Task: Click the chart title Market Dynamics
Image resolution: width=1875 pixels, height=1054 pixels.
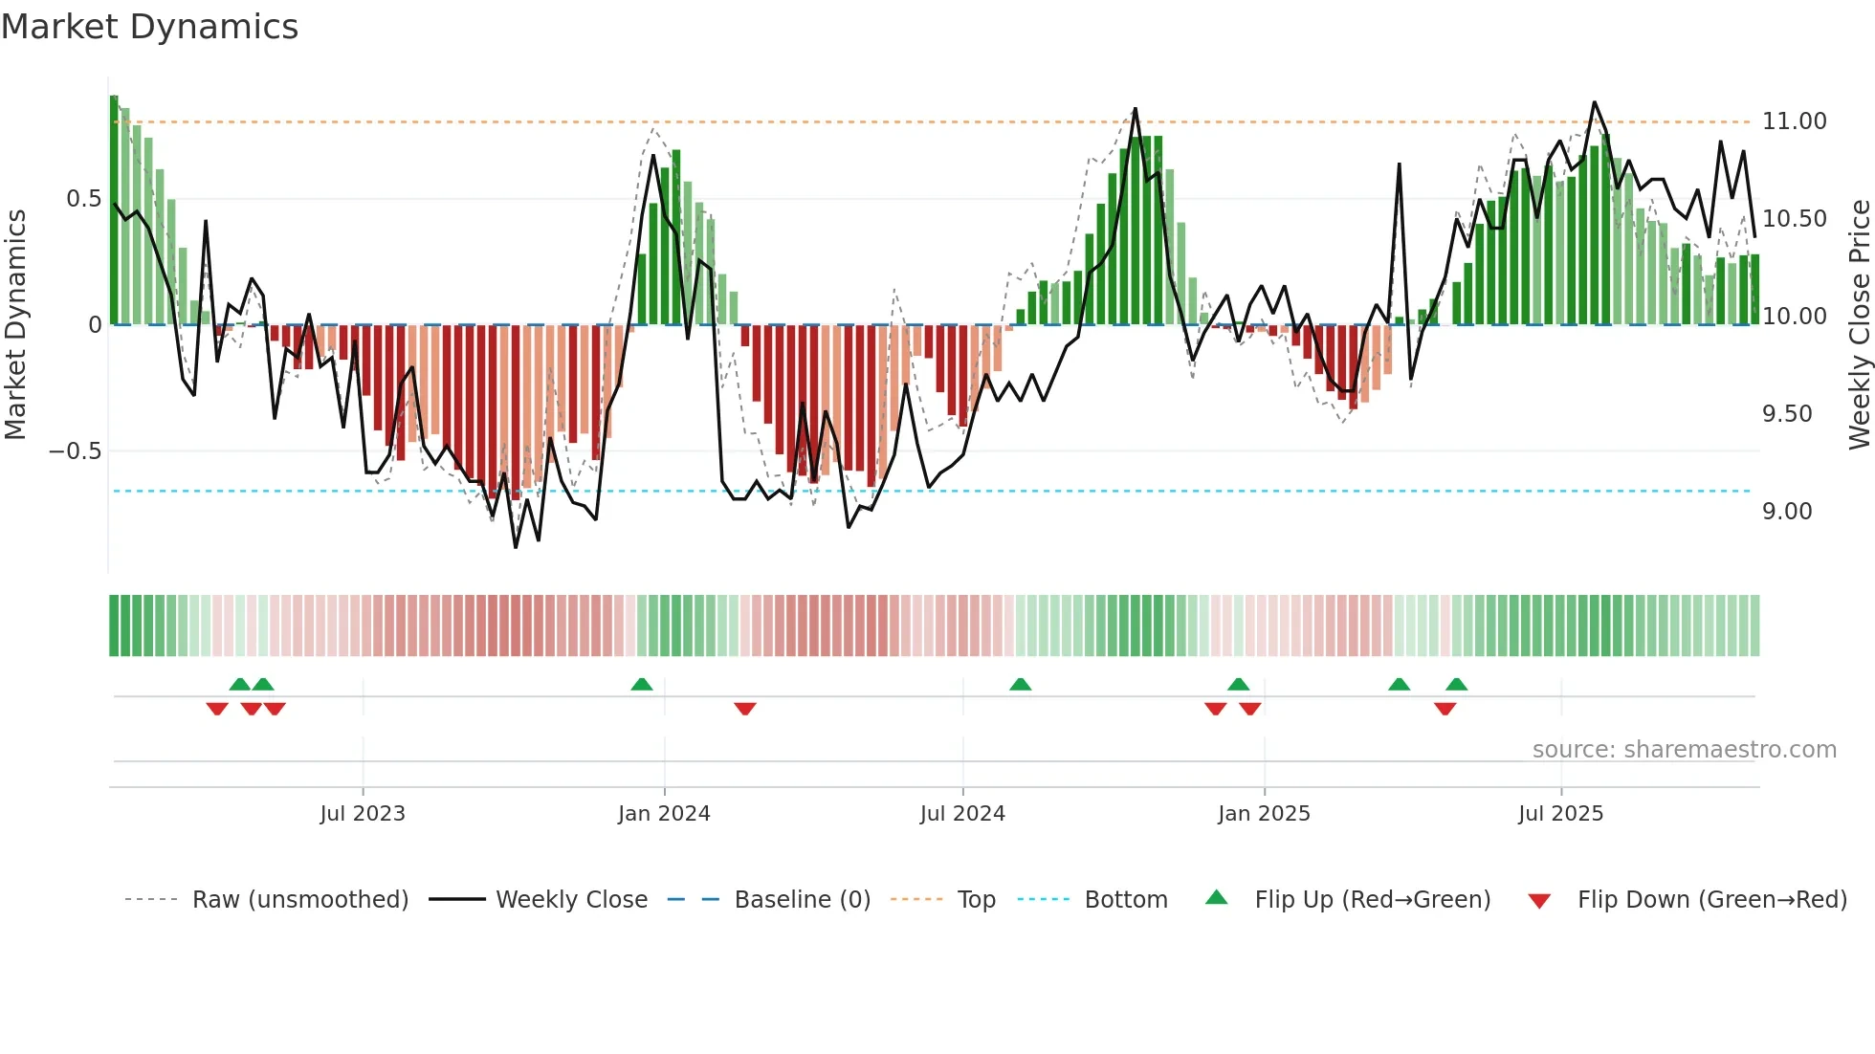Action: point(149,27)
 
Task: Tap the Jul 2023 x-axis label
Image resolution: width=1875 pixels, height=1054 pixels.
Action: point(363,814)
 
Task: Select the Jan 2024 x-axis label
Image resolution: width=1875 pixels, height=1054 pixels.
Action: point(664,814)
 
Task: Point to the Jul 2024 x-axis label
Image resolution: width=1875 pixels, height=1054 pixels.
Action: point(962,814)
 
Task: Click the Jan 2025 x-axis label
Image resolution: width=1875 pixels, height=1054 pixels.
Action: point(1264,814)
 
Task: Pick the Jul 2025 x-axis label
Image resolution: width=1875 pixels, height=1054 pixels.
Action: point(1560,814)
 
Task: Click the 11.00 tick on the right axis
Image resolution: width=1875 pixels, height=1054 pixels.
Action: point(1794,121)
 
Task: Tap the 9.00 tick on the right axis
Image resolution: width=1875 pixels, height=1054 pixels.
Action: point(1787,512)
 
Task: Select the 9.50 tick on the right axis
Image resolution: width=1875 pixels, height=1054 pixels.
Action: point(1787,414)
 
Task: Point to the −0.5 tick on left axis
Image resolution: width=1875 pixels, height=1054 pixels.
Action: point(76,450)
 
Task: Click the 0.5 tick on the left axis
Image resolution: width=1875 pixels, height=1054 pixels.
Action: point(83,199)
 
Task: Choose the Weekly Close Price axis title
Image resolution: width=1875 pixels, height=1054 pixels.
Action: point(1859,324)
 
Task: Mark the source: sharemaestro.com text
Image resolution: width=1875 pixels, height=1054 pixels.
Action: point(1684,750)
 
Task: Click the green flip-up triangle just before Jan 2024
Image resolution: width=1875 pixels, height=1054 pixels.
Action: point(642,685)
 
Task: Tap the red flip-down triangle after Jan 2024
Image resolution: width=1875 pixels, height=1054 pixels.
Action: point(745,708)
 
